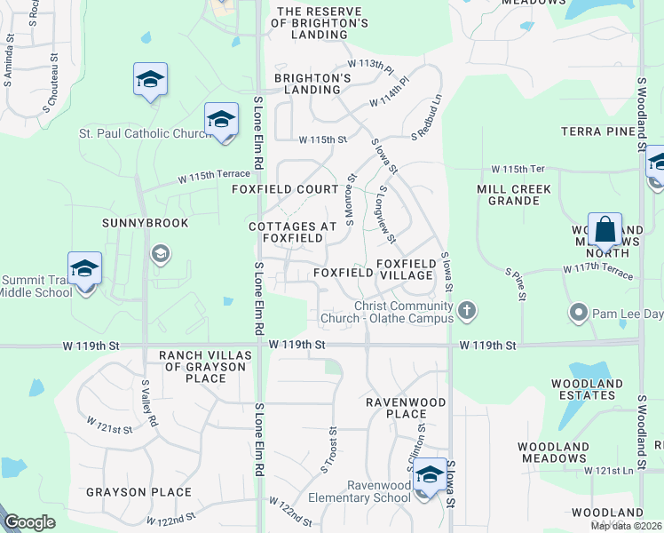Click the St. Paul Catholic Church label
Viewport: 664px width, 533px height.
[x=145, y=134]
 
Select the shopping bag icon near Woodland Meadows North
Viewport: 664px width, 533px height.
[x=605, y=230]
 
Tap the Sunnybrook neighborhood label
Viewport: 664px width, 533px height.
[x=146, y=223]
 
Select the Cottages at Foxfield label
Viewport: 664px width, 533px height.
[x=292, y=233]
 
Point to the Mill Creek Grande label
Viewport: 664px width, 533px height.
[x=514, y=195]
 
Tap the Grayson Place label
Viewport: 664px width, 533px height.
[x=138, y=491]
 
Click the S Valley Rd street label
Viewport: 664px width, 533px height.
[x=150, y=402]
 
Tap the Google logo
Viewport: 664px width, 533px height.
[x=29, y=522]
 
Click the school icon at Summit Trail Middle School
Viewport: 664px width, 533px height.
[x=84, y=267]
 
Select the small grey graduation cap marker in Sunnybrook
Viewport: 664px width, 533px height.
[x=160, y=255]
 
